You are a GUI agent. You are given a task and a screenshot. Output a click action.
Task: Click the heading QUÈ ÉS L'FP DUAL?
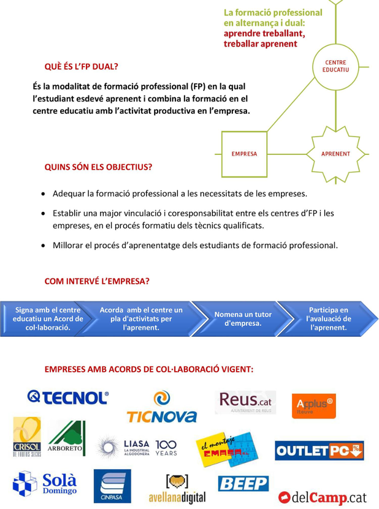pyautogui.click(x=81, y=66)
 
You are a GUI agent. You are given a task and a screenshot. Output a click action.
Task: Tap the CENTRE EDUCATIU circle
pyautogui.click(x=335, y=66)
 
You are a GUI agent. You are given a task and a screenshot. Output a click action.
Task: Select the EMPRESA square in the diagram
pyautogui.click(x=244, y=154)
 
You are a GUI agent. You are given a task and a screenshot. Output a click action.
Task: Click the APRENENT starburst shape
pyautogui.click(x=335, y=154)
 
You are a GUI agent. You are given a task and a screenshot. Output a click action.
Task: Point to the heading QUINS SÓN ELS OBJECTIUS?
pyautogui.click(x=98, y=167)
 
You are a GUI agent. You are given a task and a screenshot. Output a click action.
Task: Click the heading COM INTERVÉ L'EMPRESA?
pyautogui.click(x=97, y=281)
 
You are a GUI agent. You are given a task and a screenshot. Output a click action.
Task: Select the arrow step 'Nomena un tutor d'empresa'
pyautogui.click(x=242, y=319)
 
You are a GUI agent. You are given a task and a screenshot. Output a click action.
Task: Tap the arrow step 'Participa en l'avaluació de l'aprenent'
pyautogui.click(x=328, y=319)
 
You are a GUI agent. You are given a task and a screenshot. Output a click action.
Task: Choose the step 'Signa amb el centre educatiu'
pyautogui.click(x=48, y=319)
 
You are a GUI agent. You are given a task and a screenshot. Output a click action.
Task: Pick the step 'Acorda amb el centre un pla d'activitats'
pyautogui.click(x=141, y=319)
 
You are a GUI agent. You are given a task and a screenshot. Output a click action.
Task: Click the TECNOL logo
pyautogui.click(x=67, y=398)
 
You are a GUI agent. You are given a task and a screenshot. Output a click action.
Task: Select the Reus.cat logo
pyautogui.click(x=245, y=403)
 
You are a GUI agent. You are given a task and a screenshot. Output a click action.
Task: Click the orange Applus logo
pyautogui.click(x=313, y=405)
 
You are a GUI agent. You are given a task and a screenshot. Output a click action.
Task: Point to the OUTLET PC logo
pyautogui.click(x=319, y=451)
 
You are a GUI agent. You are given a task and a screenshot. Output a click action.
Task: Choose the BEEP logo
pyautogui.click(x=243, y=484)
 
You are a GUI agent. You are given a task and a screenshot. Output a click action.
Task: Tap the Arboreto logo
pyautogui.click(x=66, y=439)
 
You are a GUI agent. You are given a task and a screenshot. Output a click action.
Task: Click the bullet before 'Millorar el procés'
pyautogui.click(x=42, y=246)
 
